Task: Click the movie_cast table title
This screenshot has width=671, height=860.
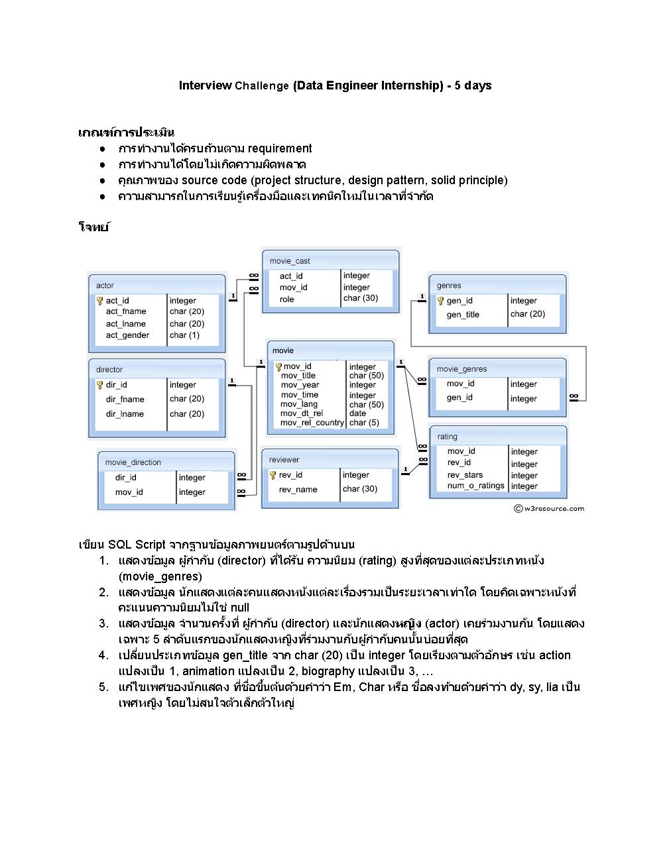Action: pyautogui.click(x=290, y=261)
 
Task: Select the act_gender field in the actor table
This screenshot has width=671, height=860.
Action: pyautogui.click(x=127, y=335)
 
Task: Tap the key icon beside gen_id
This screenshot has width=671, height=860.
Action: pyautogui.click(x=440, y=301)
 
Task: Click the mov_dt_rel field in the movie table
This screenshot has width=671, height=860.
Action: pyautogui.click(x=301, y=413)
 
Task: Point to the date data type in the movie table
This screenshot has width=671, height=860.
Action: pyautogui.click(x=357, y=413)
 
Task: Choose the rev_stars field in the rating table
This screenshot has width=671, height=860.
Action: pyautogui.click(x=465, y=475)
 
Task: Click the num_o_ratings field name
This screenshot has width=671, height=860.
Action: pyautogui.click(x=475, y=486)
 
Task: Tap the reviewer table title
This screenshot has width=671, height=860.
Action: pyautogui.click(x=284, y=460)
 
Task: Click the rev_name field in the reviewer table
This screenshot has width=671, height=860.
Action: pyautogui.click(x=298, y=490)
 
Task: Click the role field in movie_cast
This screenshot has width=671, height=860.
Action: pyautogui.click(x=286, y=299)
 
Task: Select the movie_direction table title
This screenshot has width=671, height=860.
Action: pyautogui.click(x=133, y=462)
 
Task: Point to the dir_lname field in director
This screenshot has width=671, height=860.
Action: pyautogui.click(x=125, y=414)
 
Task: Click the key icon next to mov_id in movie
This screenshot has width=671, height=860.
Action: pyautogui.click(x=278, y=366)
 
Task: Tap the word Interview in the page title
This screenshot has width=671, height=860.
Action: pyautogui.click(x=205, y=85)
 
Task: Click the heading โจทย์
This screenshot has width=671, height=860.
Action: pyautogui.click(x=93, y=227)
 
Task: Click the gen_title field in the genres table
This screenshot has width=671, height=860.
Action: pyautogui.click(x=463, y=315)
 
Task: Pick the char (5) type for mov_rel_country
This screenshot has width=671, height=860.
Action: pyautogui.click(x=364, y=423)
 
